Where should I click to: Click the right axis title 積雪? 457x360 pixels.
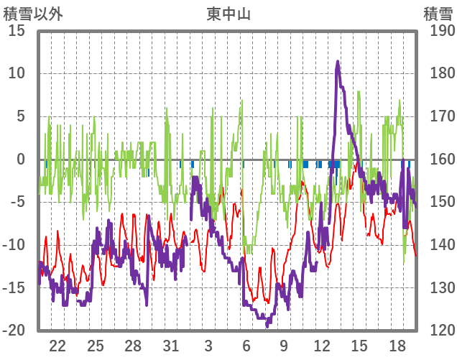pyautogui.click(x=438, y=13)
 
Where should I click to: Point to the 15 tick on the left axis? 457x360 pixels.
pyautogui.click(x=17, y=31)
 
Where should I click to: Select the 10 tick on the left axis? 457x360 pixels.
pyautogui.click(x=17, y=73)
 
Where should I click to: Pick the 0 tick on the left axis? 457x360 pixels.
pyautogui.click(x=21, y=160)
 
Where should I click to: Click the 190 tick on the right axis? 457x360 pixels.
pyautogui.click(x=442, y=31)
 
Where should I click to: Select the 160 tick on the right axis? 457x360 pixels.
pyautogui.click(x=442, y=160)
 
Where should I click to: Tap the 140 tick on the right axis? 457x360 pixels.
pyautogui.click(x=442, y=245)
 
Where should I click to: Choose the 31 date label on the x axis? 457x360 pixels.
pyautogui.click(x=170, y=345)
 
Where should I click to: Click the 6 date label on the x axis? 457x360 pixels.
pyautogui.click(x=246, y=345)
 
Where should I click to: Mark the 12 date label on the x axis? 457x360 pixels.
pyautogui.click(x=321, y=345)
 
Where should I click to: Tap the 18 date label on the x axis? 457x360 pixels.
pyautogui.click(x=397, y=345)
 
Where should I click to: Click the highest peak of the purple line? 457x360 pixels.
pyautogui.click(x=338, y=62)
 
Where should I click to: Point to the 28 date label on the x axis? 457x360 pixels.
pyautogui.click(x=133, y=345)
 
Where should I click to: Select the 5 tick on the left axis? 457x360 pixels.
pyautogui.click(x=21, y=116)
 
